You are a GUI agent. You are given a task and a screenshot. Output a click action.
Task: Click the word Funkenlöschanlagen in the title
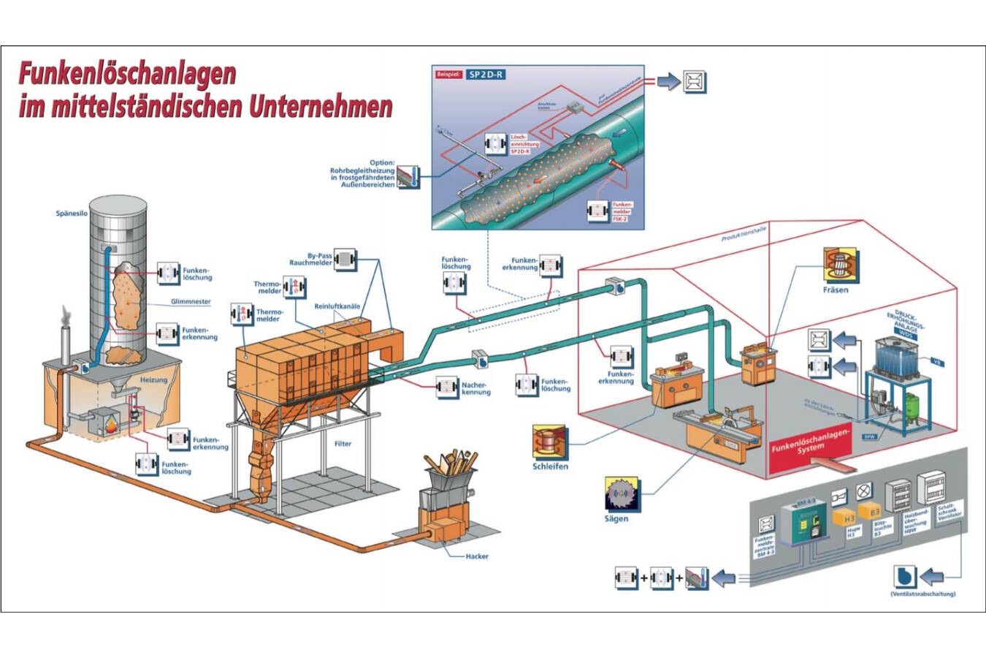click(127, 74)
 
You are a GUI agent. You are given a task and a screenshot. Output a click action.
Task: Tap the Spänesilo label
click(72, 214)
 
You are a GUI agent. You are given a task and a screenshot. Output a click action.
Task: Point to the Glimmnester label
click(191, 301)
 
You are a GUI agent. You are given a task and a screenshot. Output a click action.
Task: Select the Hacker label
click(477, 556)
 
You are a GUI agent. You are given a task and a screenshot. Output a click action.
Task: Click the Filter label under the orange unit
click(343, 444)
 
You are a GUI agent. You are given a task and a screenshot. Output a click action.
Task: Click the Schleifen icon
click(550, 442)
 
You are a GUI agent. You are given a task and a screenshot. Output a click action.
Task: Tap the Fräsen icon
click(840, 265)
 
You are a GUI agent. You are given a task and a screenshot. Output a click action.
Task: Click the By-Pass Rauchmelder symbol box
click(345, 260)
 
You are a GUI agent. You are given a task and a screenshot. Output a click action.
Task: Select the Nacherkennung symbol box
click(447, 387)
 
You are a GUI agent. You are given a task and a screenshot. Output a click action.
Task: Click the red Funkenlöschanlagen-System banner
click(811, 441)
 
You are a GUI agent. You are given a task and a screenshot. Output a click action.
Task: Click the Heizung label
click(153, 379)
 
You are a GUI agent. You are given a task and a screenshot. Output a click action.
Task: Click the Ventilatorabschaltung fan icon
click(905, 577)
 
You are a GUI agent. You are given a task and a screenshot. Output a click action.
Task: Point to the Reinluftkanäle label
click(337, 306)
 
